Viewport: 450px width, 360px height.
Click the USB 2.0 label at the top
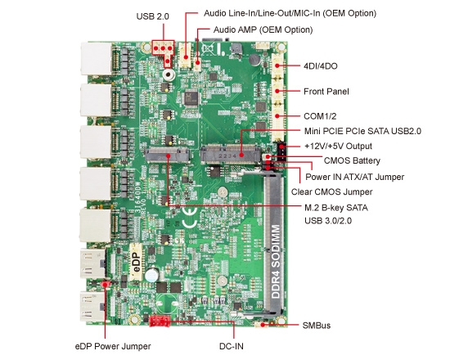tap(154, 16)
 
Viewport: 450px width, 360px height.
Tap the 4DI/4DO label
tap(322, 66)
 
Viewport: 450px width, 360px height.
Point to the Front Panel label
tap(326, 92)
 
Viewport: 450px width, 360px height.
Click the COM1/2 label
tap(320, 117)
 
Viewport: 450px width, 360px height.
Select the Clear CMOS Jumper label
tap(330, 192)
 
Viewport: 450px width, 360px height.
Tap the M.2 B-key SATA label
tap(335, 208)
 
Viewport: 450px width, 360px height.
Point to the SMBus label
tap(317, 325)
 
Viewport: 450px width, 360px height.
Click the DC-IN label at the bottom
tap(233, 346)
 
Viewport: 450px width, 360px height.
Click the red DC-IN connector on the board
tap(160, 321)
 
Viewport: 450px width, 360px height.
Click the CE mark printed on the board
tap(188, 220)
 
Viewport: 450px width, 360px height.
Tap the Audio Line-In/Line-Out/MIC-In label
tap(283, 14)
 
